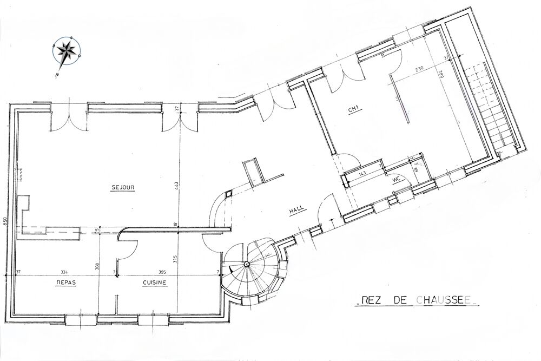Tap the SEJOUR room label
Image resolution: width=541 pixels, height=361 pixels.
coord(123,188)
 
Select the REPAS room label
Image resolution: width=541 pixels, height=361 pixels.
coord(64,283)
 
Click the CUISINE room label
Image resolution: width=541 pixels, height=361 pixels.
coord(155,283)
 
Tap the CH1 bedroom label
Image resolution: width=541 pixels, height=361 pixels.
coord(354,110)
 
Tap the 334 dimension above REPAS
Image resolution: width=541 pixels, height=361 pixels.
coord(64,272)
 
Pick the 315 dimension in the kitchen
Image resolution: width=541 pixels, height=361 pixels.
coord(175,259)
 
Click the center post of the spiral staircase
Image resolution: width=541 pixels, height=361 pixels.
coord(247,264)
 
